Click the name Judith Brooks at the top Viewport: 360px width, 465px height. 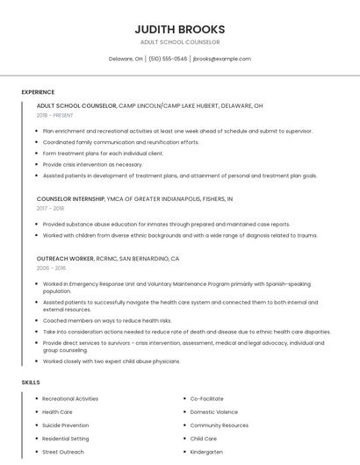[x=179, y=29]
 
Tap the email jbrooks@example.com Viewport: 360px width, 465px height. [x=221, y=59]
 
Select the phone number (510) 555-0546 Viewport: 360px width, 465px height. [x=168, y=59]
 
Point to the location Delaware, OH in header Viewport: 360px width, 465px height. [x=126, y=59]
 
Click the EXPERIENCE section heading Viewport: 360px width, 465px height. [x=38, y=92]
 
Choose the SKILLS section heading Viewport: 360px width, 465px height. [x=30, y=383]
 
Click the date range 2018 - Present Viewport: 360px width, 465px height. [x=55, y=115]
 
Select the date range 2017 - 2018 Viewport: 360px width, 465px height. [x=50, y=209]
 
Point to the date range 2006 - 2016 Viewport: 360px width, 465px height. [x=50, y=268]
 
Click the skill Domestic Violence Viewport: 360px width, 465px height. [x=213, y=411]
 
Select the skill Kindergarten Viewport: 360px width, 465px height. [x=206, y=452]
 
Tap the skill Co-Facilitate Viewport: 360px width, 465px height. [x=206, y=398]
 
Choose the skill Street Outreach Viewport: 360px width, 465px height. [x=63, y=452]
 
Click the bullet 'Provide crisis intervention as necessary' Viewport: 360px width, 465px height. [x=92, y=164]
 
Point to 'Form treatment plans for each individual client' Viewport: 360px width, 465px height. [x=103, y=153]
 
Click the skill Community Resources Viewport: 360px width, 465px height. [x=219, y=425]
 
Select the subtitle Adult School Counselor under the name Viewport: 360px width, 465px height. [x=179, y=42]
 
